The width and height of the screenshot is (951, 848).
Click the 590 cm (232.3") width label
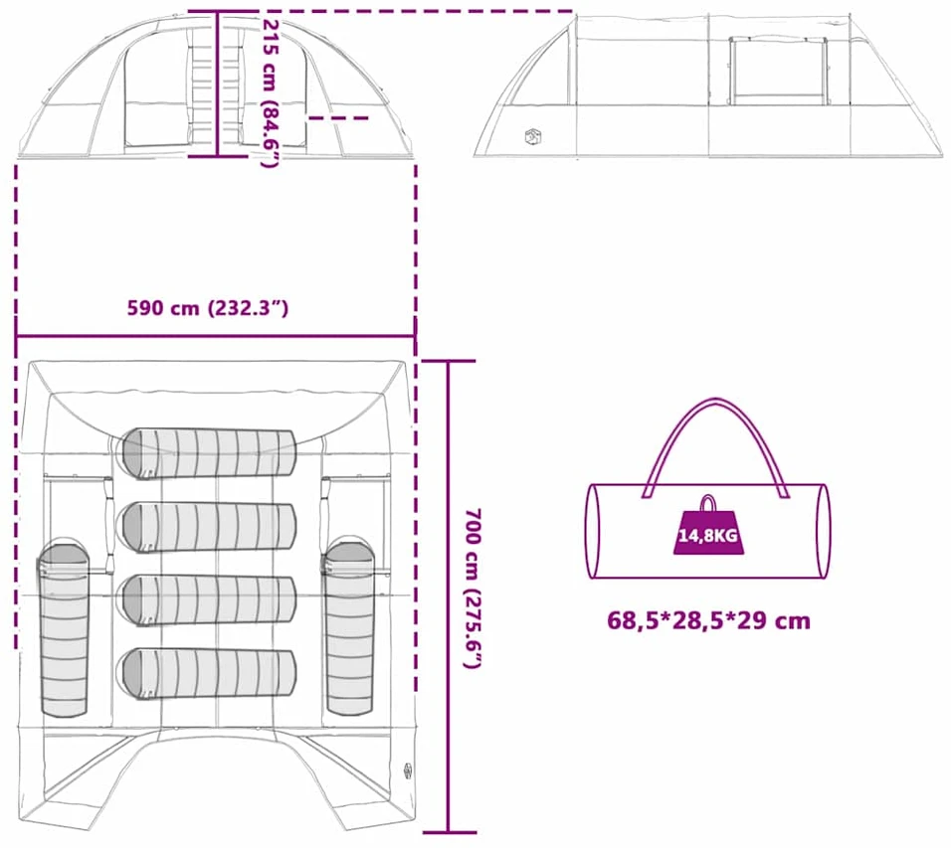[208, 308]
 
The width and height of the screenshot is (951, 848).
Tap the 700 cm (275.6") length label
[473, 588]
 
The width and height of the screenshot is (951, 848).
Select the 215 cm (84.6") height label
[271, 93]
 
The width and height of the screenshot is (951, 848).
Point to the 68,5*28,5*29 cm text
[708, 620]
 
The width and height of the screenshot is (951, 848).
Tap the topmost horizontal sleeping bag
[209, 453]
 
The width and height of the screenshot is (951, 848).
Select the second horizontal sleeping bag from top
[209, 527]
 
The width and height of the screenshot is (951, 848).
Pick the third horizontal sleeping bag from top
[209, 600]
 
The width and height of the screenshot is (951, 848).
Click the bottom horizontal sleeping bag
[209, 673]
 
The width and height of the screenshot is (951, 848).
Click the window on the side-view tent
[778, 71]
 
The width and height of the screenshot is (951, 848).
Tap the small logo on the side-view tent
[532, 136]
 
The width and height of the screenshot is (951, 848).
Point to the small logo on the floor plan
[408, 770]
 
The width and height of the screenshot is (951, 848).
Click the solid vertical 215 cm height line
[217, 84]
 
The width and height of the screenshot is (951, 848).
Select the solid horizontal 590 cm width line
[215, 336]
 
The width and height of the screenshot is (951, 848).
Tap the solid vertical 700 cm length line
[449, 597]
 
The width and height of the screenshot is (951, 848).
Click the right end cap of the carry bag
[823, 531]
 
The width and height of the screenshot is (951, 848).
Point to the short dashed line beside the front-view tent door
[338, 118]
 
